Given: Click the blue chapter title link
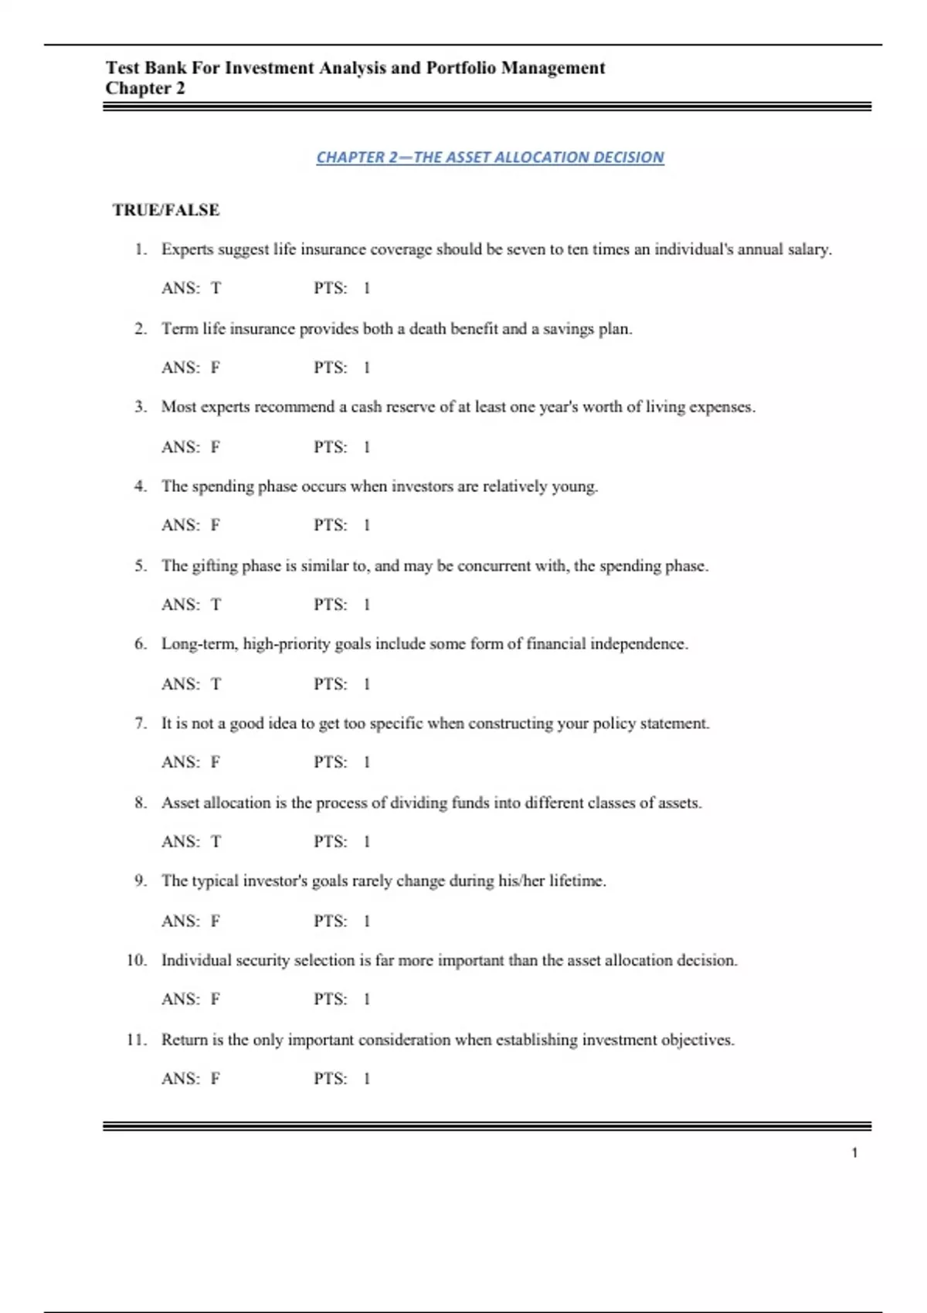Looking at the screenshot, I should (490, 158).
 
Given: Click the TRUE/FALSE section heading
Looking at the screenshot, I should (166, 210).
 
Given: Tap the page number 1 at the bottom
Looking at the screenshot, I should (854, 1153).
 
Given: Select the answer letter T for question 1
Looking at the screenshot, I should (216, 288).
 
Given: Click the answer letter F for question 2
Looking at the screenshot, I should (216, 368).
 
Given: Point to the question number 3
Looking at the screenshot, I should (140, 407).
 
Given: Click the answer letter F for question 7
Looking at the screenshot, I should (216, 762).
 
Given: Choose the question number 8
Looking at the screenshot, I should (140, 803).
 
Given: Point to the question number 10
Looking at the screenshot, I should (136, 961).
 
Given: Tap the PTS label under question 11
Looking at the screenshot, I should (330, 1079).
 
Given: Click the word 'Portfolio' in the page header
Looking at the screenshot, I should (460, 68).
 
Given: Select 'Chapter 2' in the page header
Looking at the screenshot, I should (145, 88).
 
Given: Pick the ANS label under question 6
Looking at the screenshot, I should (180, 684).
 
